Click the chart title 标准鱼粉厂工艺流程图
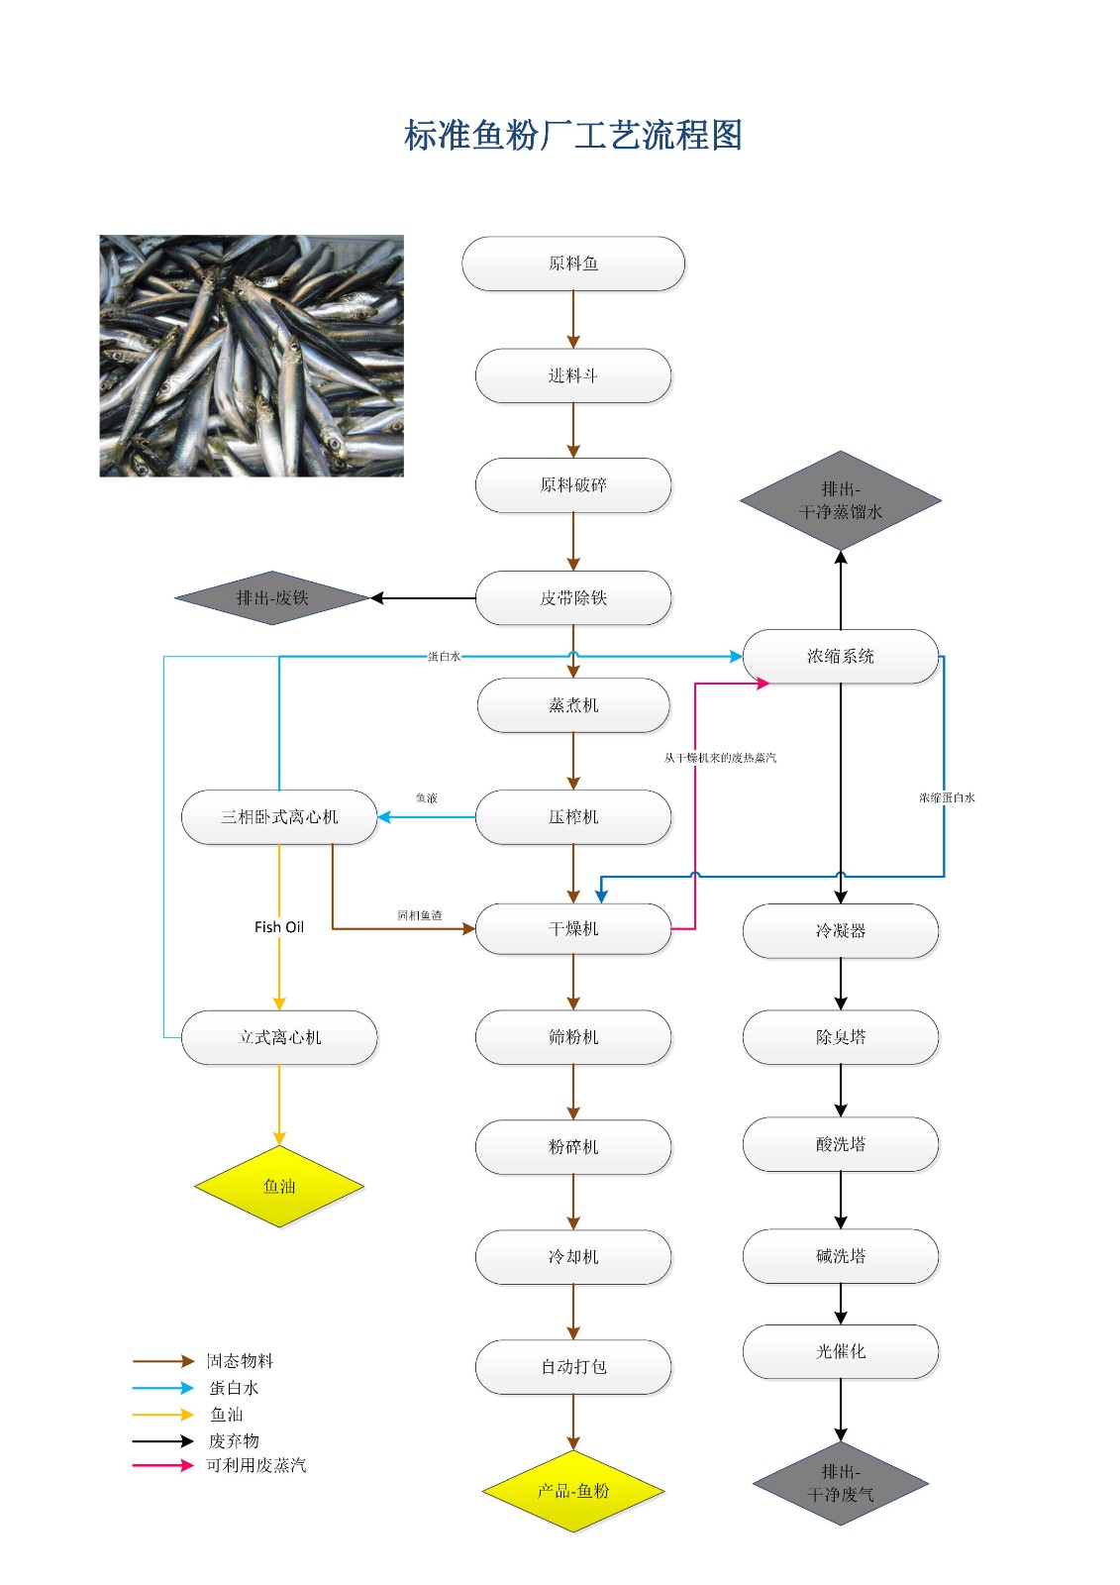(x=572, y=136)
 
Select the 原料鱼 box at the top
(x=572, y=264)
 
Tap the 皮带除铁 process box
(x=572, y=598)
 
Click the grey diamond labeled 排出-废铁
(x=272, y=598)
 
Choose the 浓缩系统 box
(x=840, y=656)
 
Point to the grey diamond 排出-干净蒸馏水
(x=840, y=501)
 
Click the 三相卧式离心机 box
(x=279, y=817)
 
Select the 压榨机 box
(x=572, y=817)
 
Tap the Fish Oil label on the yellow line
(x=279, y=927)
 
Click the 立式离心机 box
(x=279, y=1037)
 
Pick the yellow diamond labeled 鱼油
(x=279, y=1186)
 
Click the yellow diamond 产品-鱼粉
(x=572, y=1491)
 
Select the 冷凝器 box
(x=840, y=930)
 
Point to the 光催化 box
(x=840, y=1351)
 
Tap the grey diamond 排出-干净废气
(x=840, y=1483)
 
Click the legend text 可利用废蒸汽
(x=255, y=1465)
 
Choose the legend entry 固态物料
(x=240, y=1361)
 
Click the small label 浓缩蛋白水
(x=947, y=797)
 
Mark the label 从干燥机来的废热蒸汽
(x=720, y=758)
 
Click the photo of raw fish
(x=252, y=356)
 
